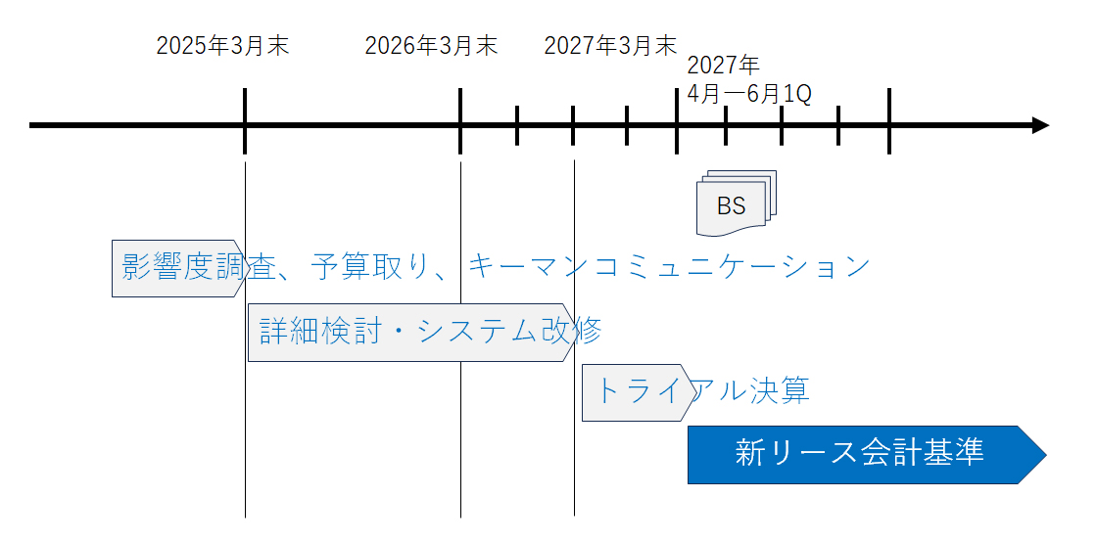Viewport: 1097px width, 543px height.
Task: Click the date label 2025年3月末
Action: coord(222,46)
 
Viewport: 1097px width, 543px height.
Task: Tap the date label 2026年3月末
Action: coord(431,46)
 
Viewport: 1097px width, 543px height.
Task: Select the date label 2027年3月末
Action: coord(610,46)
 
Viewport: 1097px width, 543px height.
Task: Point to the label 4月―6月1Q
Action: coord(749,94)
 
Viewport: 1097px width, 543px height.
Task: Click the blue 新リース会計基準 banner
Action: coord(867,454)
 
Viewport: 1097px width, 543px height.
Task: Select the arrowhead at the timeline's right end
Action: coord(1040,126)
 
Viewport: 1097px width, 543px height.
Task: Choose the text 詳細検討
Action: coord(319,331)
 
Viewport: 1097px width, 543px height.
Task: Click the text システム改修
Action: coord(509,331)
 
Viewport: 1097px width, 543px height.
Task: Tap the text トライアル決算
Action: coord(701,390)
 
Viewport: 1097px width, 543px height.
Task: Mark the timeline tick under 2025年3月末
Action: coord(245,121)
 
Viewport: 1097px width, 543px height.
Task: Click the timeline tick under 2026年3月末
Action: coord(460,121)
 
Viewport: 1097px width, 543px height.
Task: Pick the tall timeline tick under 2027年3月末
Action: coord(677,121)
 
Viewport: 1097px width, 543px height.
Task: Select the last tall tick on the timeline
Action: coord(888,121)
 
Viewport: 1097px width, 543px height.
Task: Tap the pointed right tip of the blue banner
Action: coord(1046,455)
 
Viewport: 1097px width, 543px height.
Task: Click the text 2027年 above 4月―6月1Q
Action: coord(724,66)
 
